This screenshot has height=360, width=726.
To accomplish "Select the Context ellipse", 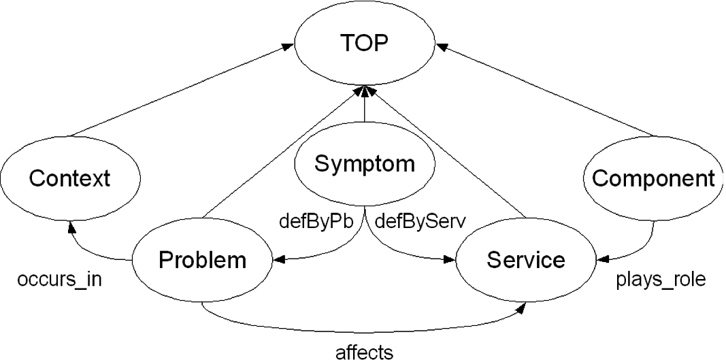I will [69, 179].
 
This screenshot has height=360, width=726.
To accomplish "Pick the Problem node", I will [203, 260].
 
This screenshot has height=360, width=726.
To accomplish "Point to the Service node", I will [525, 260].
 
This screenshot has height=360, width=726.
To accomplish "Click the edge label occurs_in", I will [60, 280].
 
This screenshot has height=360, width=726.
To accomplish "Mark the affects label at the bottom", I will [364, 352].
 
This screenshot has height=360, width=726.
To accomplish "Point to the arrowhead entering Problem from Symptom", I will [279, 260].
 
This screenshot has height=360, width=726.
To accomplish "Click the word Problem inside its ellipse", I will [203, 260].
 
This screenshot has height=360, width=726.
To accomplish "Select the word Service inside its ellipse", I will [525, 260].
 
